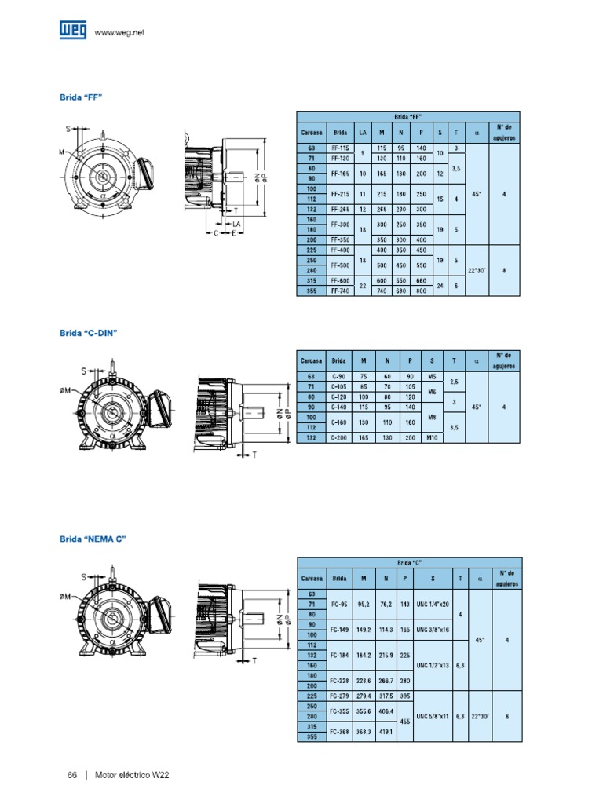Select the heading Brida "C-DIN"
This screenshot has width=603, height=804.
[88, 333]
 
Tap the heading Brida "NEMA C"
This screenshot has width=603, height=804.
[93, 539]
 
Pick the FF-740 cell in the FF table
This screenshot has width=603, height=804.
[340, 291]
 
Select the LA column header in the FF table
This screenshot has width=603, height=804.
[362, 132]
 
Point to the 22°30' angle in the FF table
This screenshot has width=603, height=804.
[476, 270]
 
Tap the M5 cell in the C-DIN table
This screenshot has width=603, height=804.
[431, 377]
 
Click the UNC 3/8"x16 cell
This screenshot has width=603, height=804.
[433, 629]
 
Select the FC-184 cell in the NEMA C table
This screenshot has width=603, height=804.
[339, 654]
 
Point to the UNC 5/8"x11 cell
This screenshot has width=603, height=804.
[433, 715]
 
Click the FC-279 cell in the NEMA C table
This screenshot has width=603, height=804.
[339, 696]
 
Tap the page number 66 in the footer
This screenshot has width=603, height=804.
[71, 775]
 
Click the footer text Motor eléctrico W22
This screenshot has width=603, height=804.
[132, 775]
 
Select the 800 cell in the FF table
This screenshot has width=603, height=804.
[421, 291]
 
